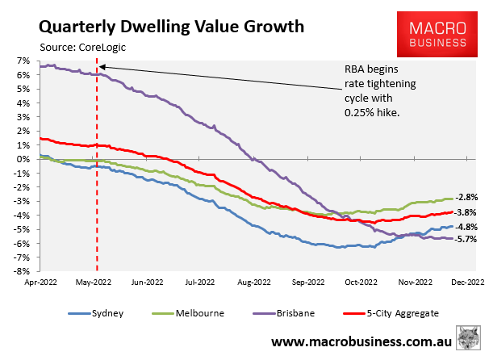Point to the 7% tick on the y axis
(22, 61)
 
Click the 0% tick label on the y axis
(22, 159)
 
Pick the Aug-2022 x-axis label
(256, 283)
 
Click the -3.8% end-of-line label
(466, 212)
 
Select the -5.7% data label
(466, 239)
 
